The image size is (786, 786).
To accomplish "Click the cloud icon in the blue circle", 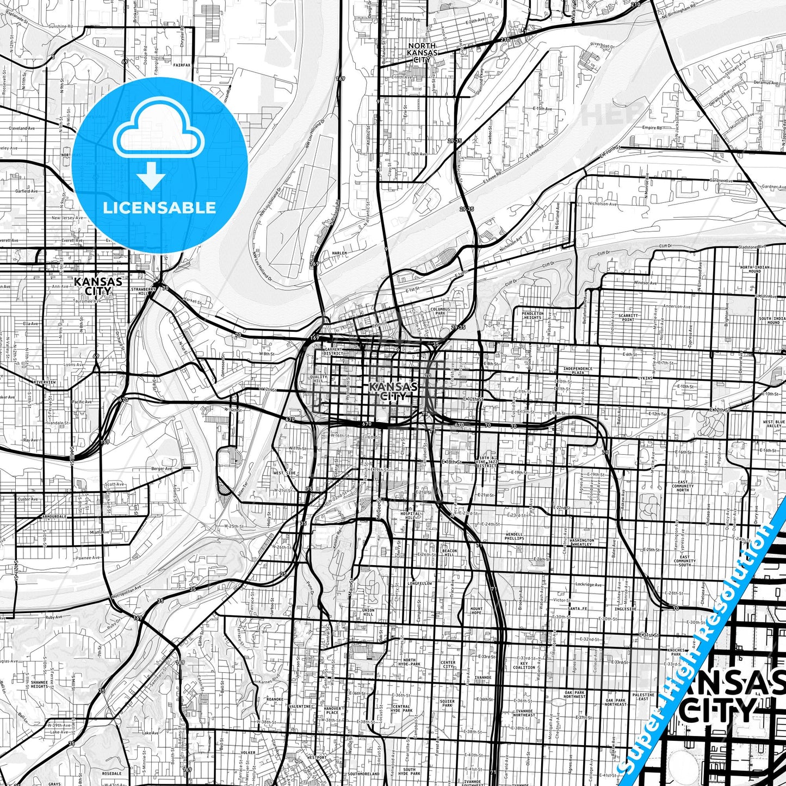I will point(159,133).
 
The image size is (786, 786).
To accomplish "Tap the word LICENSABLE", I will point(159,208).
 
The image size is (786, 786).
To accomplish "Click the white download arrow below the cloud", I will point(151,175).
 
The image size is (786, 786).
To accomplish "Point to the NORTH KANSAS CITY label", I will point(422,53).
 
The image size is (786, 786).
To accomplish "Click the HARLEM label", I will point(339,253).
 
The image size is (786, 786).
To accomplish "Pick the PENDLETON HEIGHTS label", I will point(533,315).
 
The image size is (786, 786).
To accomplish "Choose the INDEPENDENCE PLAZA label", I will point(578,370).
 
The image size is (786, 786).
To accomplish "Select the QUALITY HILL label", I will point(319,379).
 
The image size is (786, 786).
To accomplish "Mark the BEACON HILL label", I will point(449,552).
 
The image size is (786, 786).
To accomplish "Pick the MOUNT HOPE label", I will point(476,611).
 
